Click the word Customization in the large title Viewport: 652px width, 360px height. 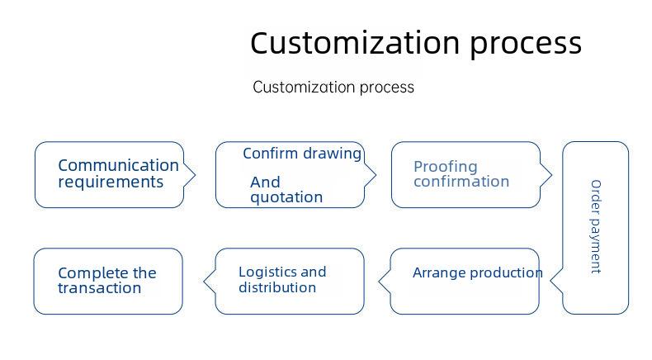click(355, 43)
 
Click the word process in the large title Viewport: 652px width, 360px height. click(526, 45)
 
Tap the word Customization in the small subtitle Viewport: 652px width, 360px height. click(304, 87)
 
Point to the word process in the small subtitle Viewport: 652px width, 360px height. click(387, 88)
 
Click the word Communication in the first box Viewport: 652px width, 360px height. click(119, 165)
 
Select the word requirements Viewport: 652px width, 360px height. click(111, 182)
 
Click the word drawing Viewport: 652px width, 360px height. click(332, 154)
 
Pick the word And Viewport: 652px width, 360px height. click(265, 182)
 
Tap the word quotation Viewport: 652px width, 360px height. click(286, 197)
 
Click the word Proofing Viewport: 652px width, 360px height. click(446, 167)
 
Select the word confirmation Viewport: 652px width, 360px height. click(461, 182)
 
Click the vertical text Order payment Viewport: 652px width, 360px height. click(596, 227)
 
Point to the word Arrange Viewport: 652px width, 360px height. click(439, 273)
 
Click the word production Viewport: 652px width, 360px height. click(506, 273)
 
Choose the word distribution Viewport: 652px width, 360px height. click(277, 287)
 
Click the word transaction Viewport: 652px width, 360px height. click(99, 288)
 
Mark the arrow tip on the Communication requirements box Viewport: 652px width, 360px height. click(195, 175)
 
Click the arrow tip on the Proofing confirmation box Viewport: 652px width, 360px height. click(551, 175)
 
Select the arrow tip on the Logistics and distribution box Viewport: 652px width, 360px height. click(204, 282)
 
